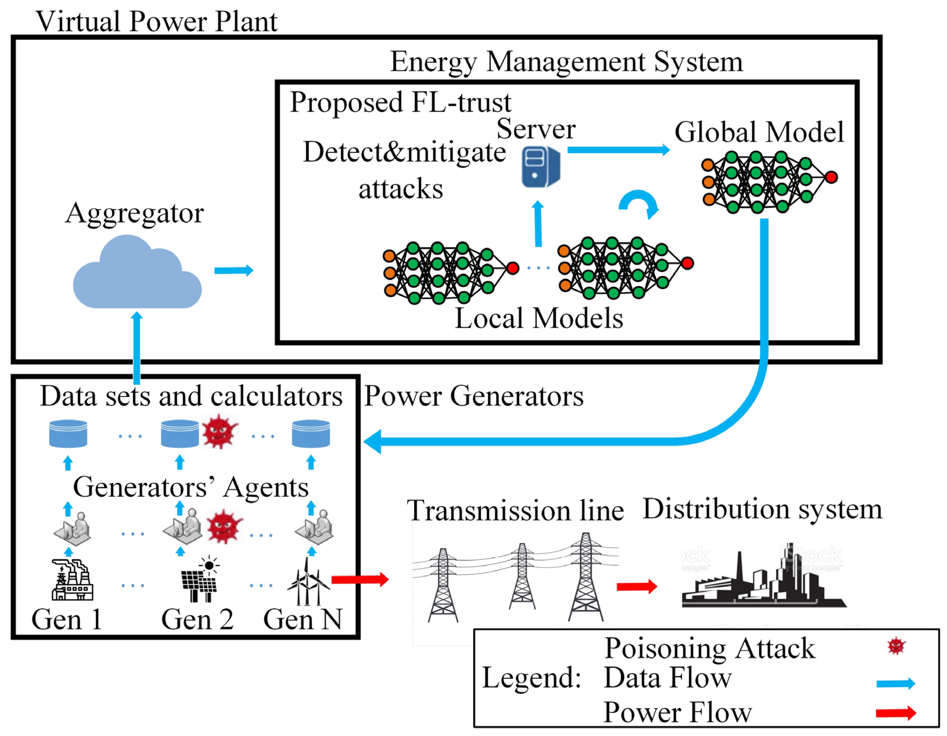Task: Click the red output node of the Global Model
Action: pos(831,177)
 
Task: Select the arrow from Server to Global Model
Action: pos(618,150)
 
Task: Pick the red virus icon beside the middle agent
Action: pos(224,526)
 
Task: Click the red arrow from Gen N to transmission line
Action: pos(360,579)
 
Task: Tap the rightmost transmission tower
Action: pos(585,577)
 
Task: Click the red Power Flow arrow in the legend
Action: pos(895,713)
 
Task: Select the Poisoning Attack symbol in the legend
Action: pos(896,646)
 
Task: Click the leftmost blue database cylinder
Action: pos(68,433)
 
